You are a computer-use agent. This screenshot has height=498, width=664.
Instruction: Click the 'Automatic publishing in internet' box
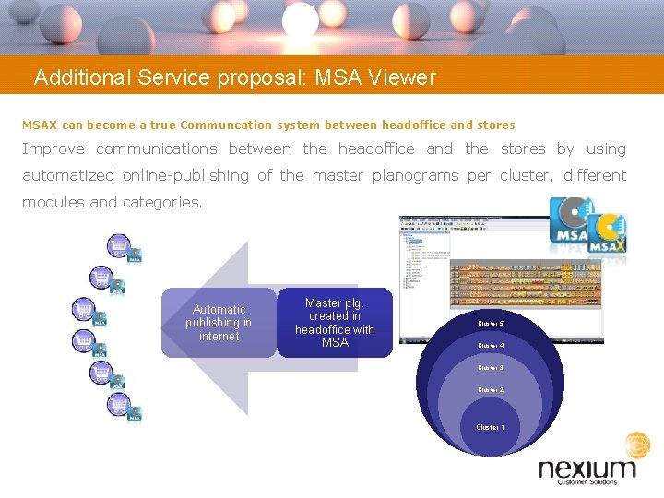(x=219, y=323)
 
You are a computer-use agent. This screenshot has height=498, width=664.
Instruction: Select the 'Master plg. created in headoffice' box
(x=334, y=323)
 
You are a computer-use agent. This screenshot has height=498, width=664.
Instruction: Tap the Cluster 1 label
(x=490, y=427)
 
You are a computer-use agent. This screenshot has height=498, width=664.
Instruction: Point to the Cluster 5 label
(x=490, y=324)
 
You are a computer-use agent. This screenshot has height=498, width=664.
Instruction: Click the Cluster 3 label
(x=490, y=368)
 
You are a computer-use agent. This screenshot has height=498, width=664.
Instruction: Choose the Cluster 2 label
(x=490, y=390)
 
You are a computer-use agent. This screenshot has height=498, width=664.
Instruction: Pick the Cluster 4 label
(x=490, y=346)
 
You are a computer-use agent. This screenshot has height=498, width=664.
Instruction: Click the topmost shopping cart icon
(x=119, y=246)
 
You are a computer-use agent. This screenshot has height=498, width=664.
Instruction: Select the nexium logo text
(x=587, y=470)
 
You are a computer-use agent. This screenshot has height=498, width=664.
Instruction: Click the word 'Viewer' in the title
(x=401, y=77)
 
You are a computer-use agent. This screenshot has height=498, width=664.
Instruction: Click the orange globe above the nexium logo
(x=637, y=445)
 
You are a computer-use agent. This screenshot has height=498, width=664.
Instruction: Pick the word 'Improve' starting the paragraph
(x=53, y=148)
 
